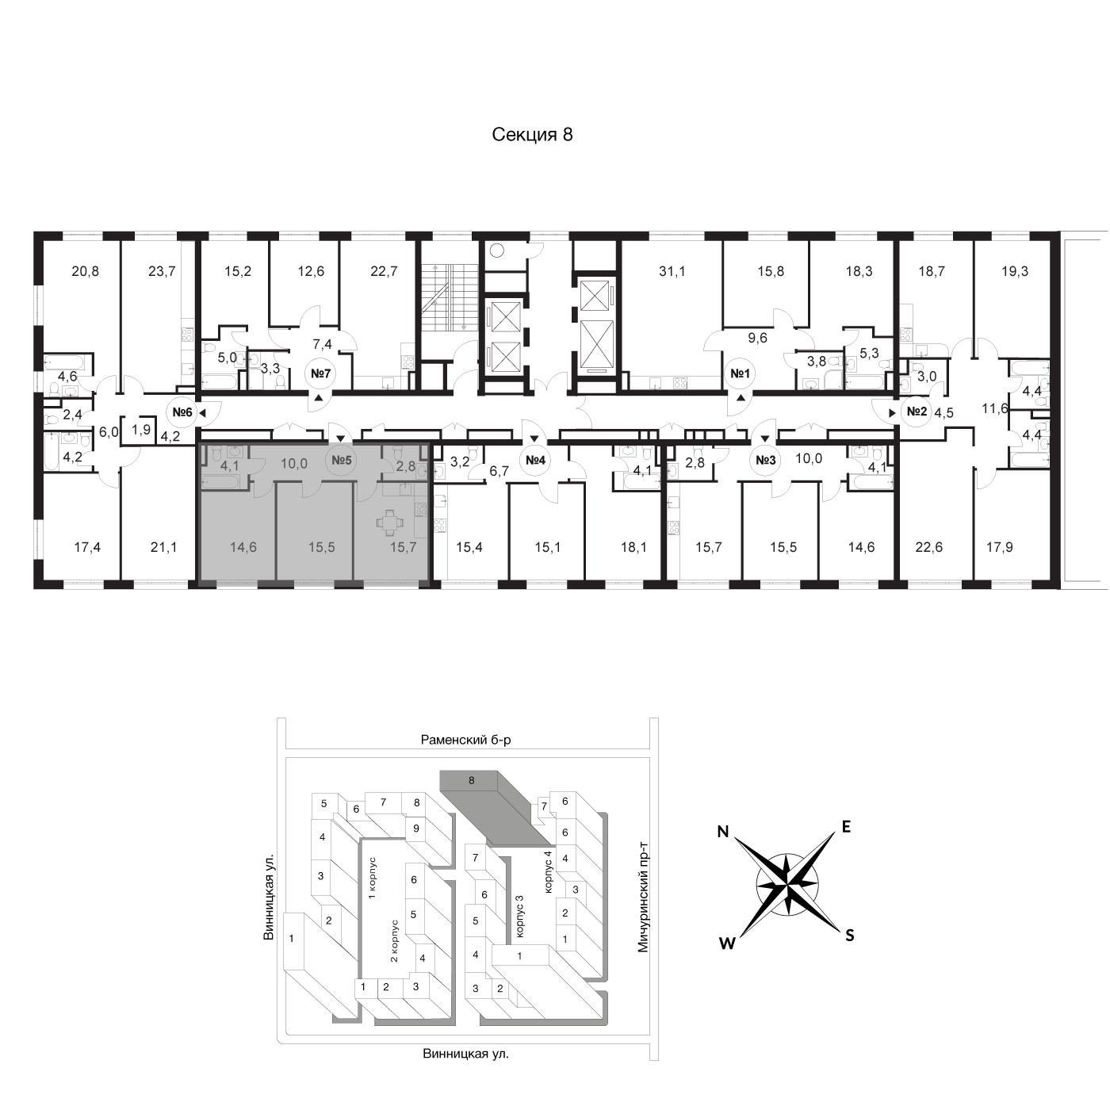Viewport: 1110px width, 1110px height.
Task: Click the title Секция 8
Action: coord(532,134)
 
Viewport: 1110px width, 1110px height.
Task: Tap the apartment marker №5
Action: coord(341,460)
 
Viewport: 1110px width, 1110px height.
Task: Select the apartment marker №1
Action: coord(741,373)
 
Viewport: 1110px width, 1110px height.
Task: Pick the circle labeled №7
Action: coord(320,373)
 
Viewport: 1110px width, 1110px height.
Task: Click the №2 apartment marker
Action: coord(917,411)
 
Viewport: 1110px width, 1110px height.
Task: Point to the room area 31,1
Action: coord(672,270)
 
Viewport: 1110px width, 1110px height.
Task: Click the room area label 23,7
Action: coord(162,270)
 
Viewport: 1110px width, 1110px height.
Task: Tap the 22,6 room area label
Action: coord(928,546)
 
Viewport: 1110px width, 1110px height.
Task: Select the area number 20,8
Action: coord(86,270)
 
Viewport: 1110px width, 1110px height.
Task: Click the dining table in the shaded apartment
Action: coord(389,522)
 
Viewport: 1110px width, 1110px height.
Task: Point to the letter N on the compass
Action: coord(723,831)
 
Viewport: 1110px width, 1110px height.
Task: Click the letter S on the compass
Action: coord(850,936)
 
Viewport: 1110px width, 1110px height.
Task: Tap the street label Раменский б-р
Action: coord(466,740)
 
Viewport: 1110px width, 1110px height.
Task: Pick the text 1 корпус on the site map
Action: coord(372,878)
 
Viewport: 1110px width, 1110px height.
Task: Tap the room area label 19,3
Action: coord(1014,270)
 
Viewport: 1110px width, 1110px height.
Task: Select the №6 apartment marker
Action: coord(182,411)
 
